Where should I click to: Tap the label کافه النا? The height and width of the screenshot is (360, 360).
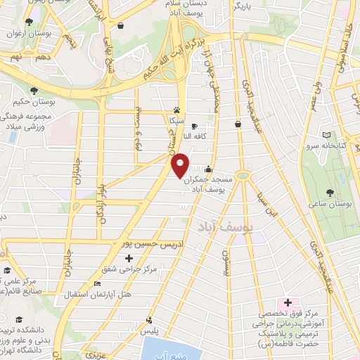pyautogui.click(x=200, y=136)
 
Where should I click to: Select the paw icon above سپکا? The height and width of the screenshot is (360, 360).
pyautogui.click(x=176, y=110)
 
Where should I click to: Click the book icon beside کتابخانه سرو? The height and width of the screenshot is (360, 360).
pyautogui.click(x=325, y=135)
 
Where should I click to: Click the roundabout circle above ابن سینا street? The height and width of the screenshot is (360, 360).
pyautogui.click(x=243, y=174)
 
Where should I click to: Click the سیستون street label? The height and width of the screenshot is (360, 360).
pyautogui.click(x=225, y=264)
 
